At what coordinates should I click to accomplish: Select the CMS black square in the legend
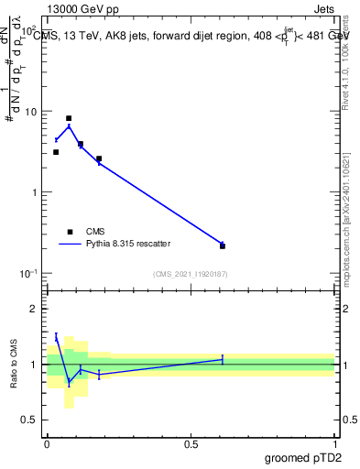[x=69, y=232]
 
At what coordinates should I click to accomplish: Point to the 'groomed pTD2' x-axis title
[x=303, y=457]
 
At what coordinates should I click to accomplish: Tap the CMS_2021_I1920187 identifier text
[x=191, y=274]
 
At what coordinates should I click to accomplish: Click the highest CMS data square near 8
[x=69, y=118]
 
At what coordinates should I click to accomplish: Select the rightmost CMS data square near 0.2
[x=223, y=245]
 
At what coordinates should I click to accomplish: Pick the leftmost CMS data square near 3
[x=56, y=152]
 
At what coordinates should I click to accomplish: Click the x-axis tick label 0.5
[x=191, y=443]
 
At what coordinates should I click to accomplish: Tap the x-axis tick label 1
[x=334, y=443]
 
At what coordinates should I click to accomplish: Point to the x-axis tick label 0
[x=48, y=443]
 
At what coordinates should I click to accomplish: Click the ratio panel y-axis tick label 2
[x=35, y=309]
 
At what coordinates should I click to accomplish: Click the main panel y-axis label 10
[x=30, y=112]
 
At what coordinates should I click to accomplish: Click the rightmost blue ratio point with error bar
[x=223, y=359]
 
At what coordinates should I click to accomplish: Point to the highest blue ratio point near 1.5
[x=56, y=338]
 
